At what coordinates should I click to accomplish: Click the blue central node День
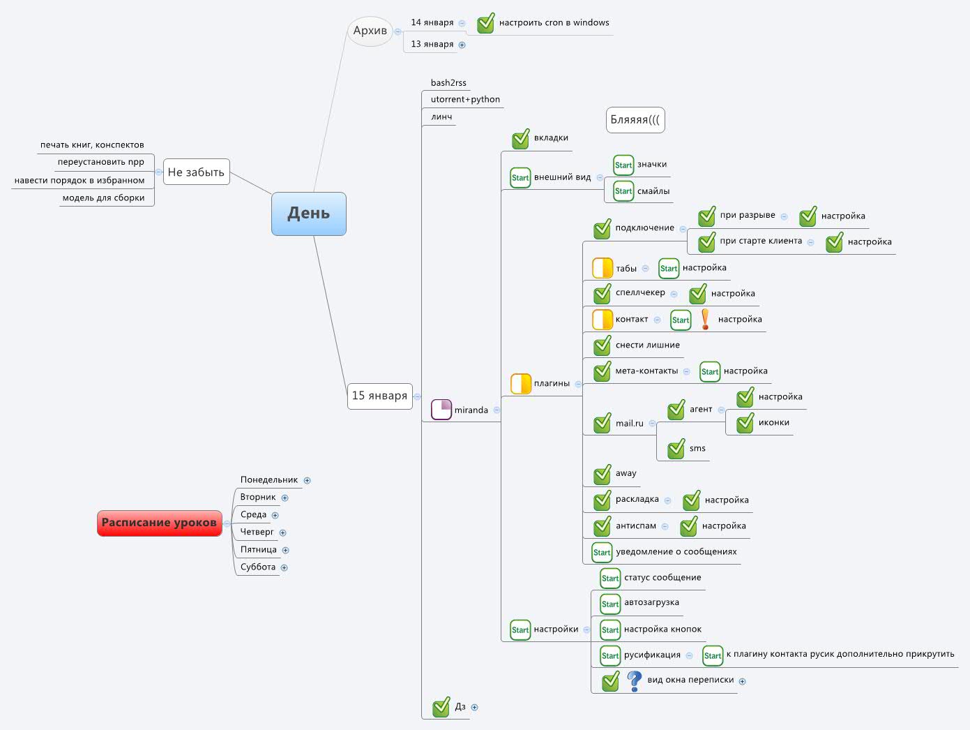coord(308,214)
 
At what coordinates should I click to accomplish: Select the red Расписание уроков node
coord(159,523)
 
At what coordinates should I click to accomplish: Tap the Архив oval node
coord(370,31)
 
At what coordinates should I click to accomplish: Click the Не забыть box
coord(196,172)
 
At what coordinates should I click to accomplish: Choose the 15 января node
coord(379,396)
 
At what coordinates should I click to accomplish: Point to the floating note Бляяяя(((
coord(635,120)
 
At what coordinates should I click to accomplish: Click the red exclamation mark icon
coord(705,319)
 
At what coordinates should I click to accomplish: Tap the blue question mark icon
coord(634,680)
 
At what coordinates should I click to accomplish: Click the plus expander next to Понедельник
coord(307,480)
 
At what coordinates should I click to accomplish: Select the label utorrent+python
coord(465,99)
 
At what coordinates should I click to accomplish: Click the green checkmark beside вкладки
coord(521,139)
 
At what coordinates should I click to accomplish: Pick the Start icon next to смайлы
coord(623,191)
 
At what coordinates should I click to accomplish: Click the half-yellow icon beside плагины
coord(521,384)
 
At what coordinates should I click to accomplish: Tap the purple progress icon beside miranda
coord(441,410)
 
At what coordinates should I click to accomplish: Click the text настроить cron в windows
coord(554,22)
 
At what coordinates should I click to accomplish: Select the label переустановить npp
coord(100,162)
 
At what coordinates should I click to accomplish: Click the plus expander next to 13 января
coord(462,45)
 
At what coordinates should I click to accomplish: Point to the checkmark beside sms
coord(676,449)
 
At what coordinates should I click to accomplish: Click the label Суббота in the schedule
coord(258,567)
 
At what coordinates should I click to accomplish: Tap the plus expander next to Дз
coord(475,707)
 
